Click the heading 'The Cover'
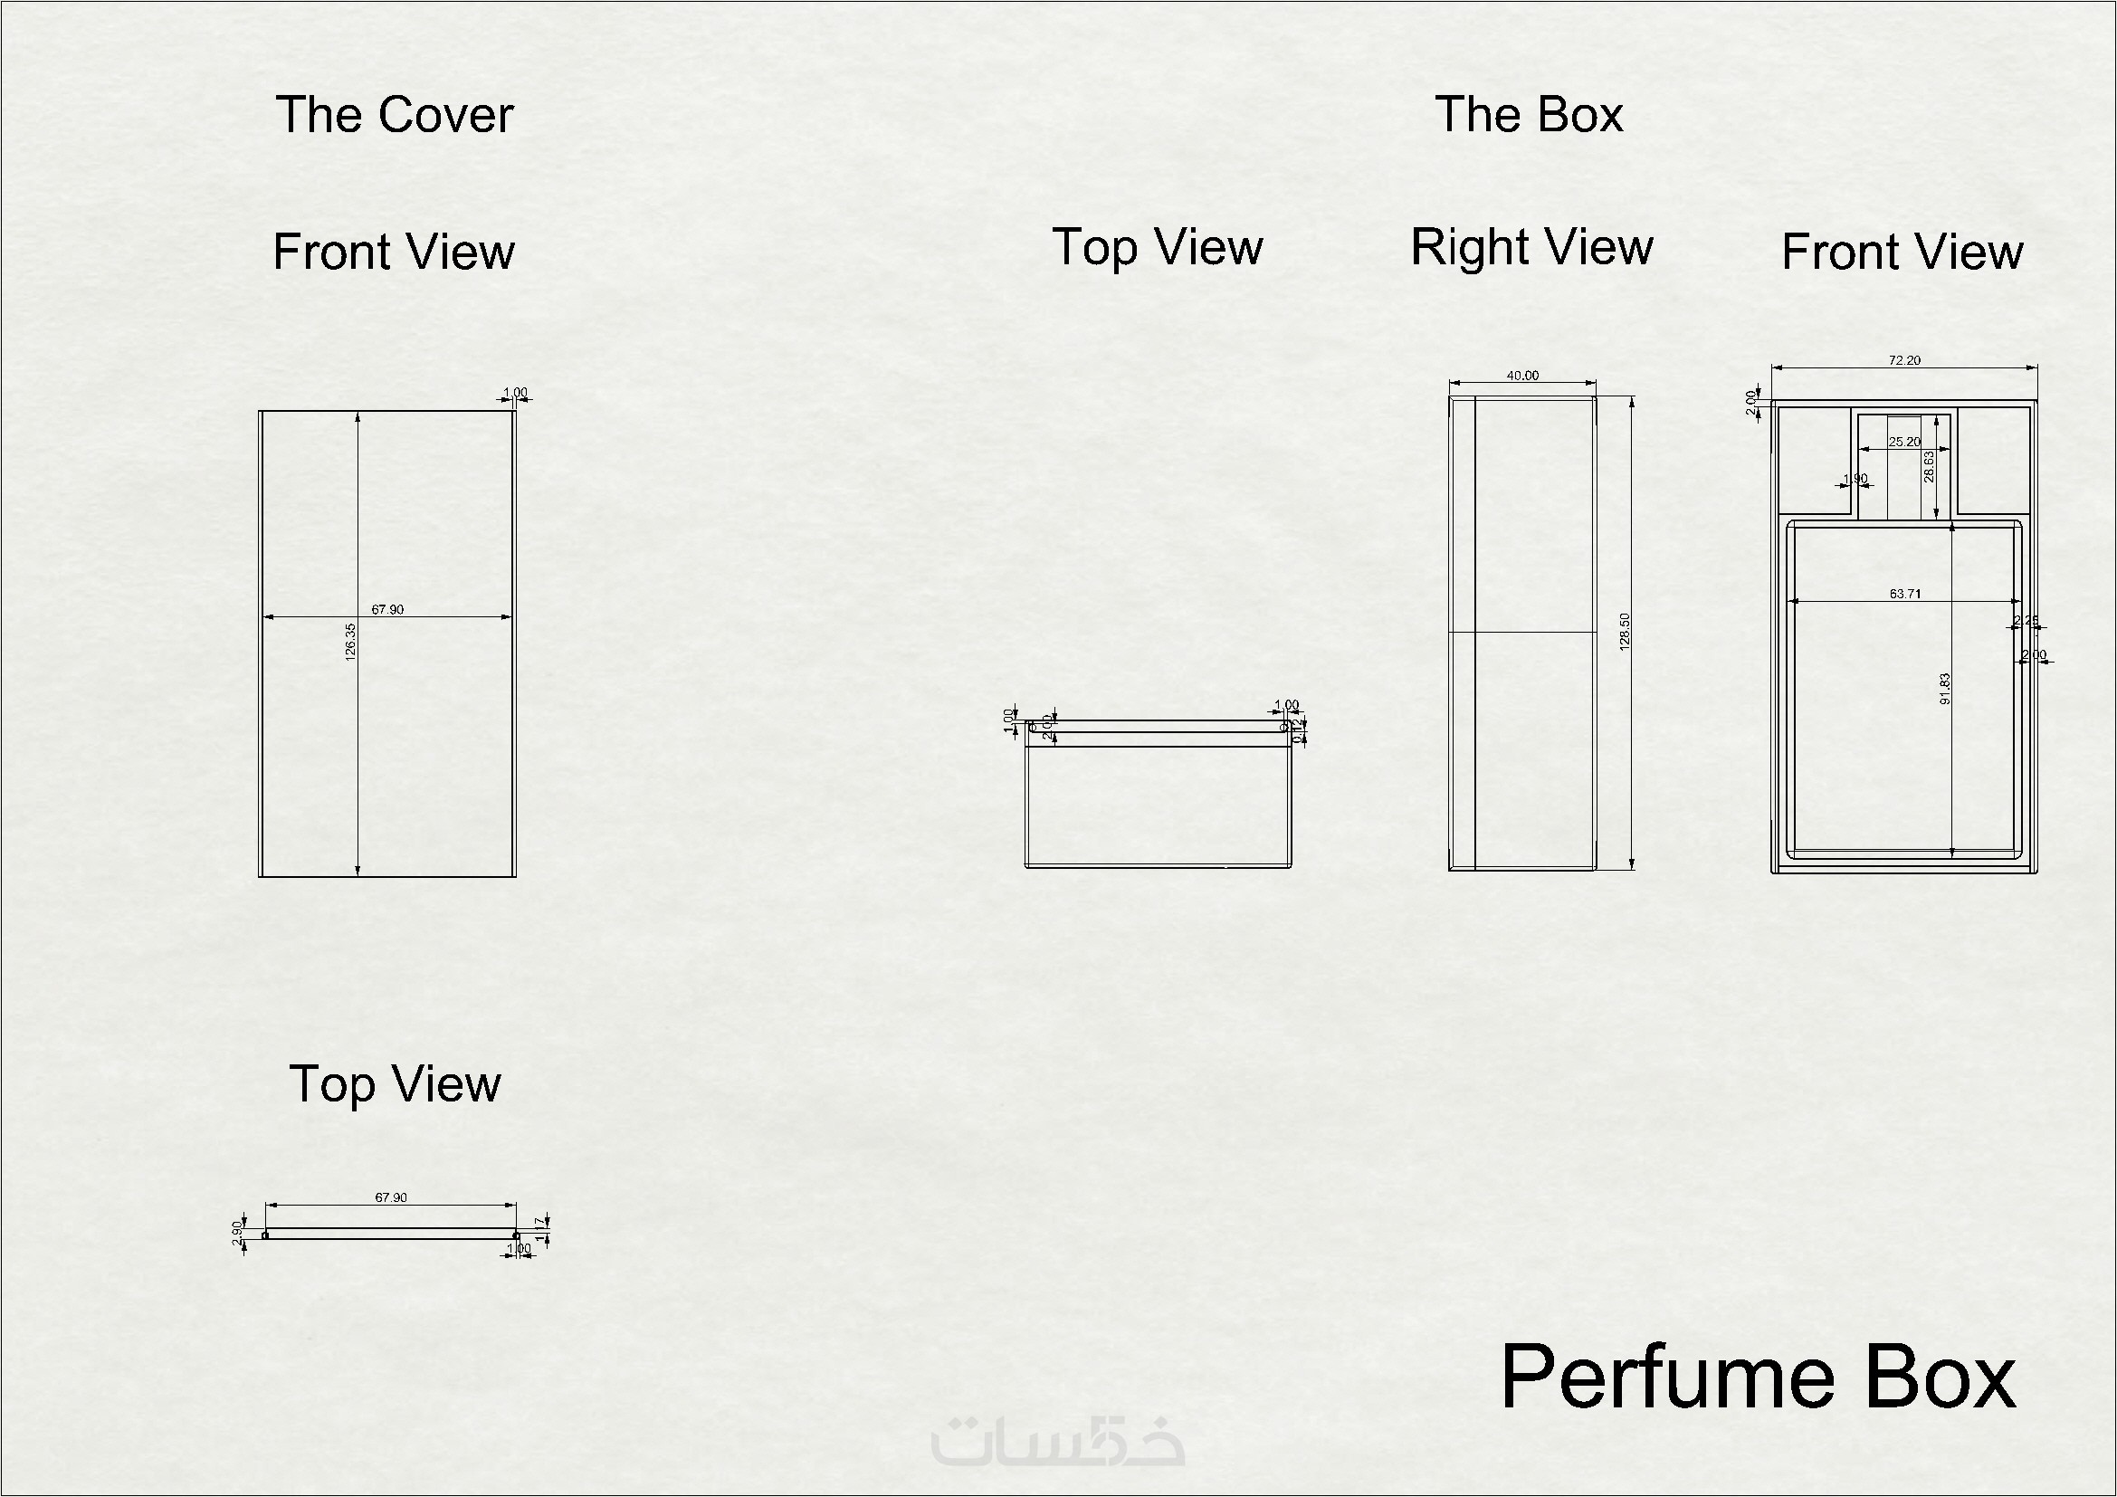click(x=394, y=115)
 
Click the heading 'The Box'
click(x=1529, y=115)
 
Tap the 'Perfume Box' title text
click(x=1759, y=1378)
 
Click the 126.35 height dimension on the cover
click(x=350, y=643)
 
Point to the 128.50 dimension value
click(x=1625, y=632)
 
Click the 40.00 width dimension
click(x=1522, y=376)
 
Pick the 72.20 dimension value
click(x=1904, y=360)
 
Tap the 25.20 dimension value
click(x=1904, y=442)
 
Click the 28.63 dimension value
click(x=1929, y=466)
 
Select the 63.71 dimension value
click(x=1905, y=594)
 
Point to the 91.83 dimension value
click(x=1944, y=689)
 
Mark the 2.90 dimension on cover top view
click(x=237, y=1233)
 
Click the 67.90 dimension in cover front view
click(x=387, y=609)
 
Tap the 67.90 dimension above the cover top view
click(x=390, y=1197)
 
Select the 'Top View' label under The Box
click(x=1158, y=247)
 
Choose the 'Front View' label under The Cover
click(x=394, y=252)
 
